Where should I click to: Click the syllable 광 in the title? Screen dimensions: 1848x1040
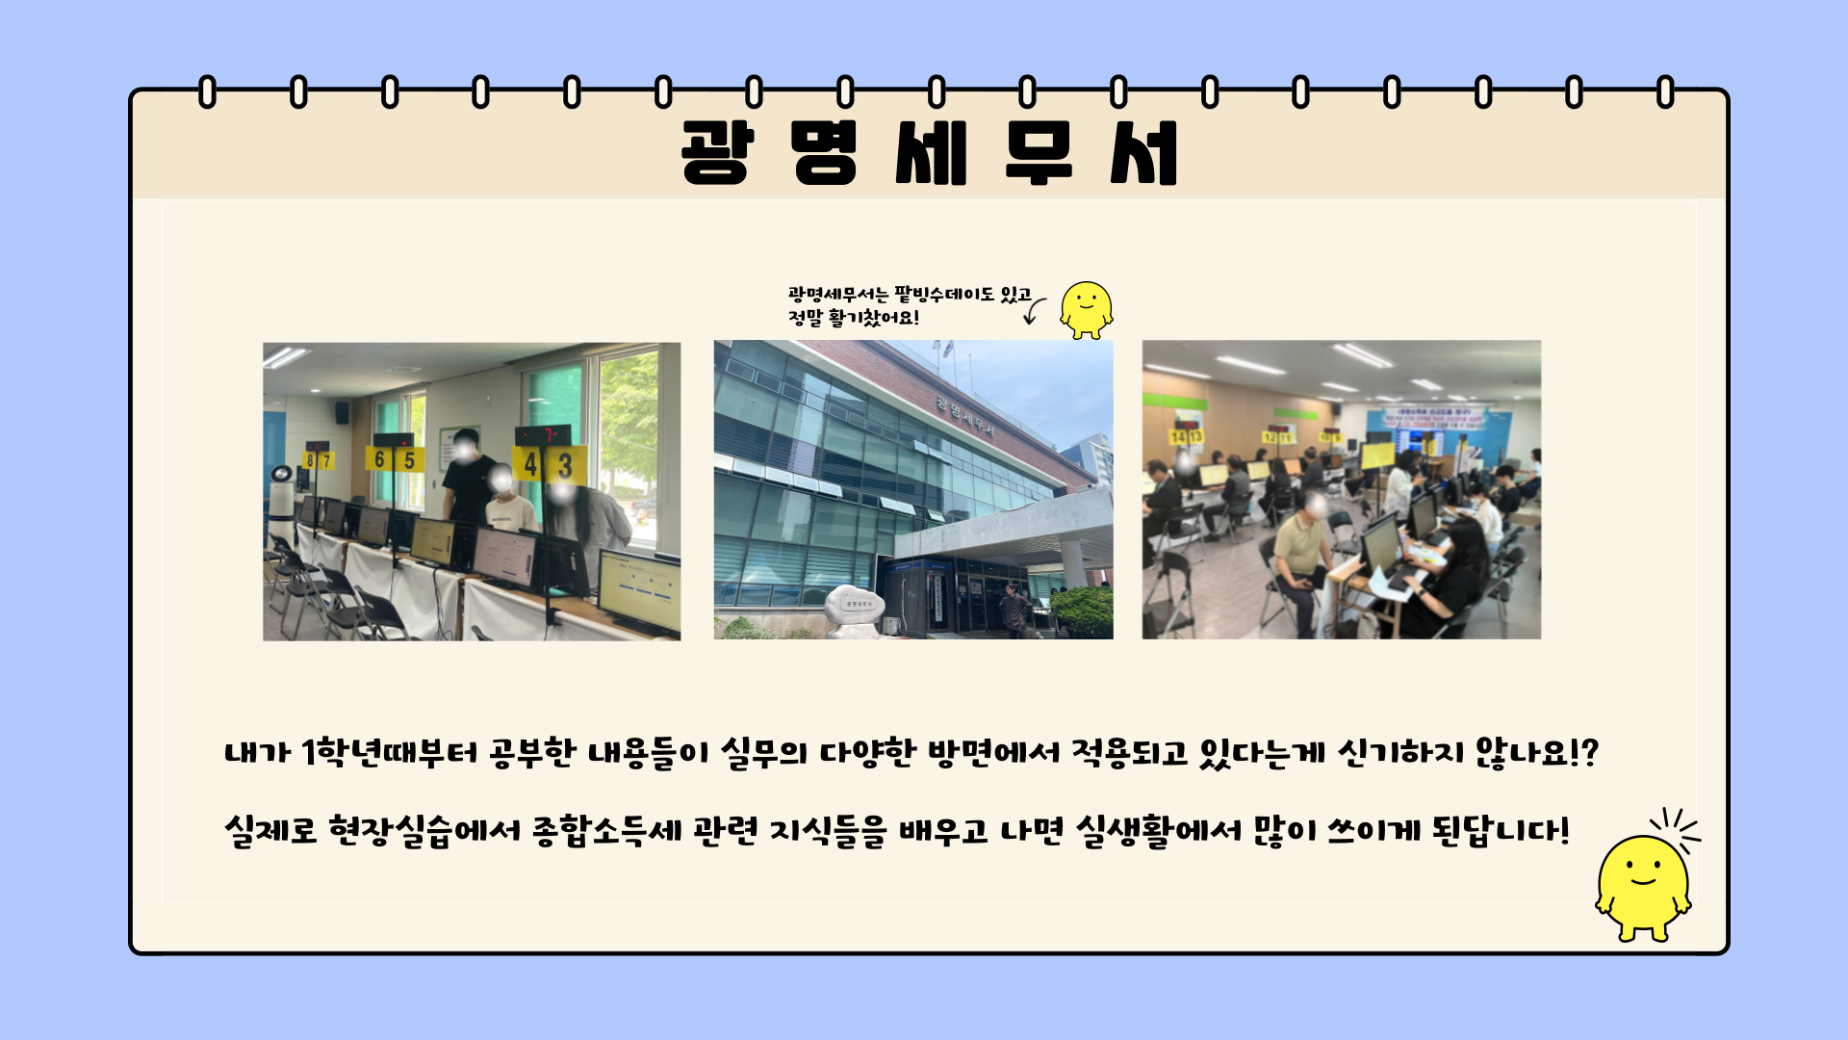714,152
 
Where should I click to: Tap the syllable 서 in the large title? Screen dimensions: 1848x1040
1143,152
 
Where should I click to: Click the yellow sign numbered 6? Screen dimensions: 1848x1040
379,459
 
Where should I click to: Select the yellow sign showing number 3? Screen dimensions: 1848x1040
566,465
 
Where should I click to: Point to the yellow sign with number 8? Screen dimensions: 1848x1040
310,460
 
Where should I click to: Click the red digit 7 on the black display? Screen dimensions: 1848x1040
549,435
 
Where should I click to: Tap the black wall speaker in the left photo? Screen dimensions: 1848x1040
342,413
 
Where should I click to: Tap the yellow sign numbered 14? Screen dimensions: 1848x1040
1177,437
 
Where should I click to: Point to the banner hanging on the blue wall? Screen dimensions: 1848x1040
1435,418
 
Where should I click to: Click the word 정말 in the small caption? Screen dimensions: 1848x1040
805,318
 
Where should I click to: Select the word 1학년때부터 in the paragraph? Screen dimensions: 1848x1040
389,752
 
